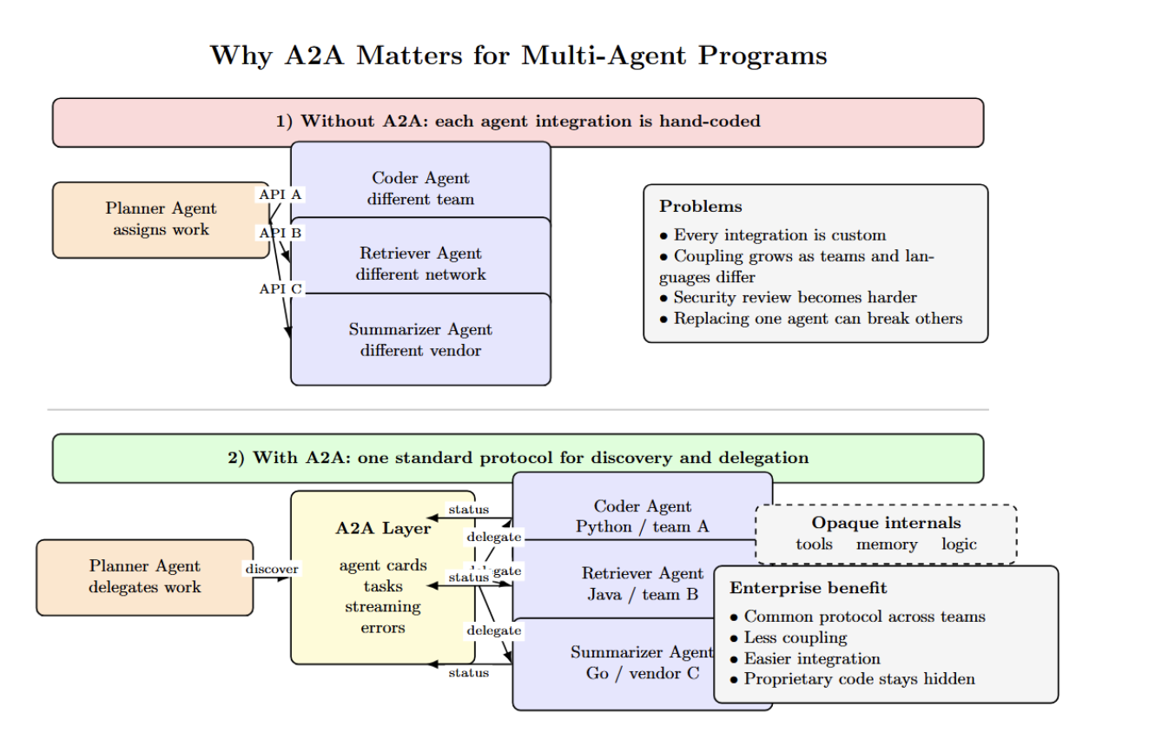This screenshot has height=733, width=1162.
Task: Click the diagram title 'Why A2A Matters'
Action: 518,56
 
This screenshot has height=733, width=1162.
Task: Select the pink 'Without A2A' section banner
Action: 518,122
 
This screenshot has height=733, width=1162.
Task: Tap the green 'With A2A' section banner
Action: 518,458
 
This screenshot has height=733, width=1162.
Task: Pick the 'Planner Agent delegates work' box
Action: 144,577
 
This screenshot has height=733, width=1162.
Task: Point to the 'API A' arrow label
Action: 281,195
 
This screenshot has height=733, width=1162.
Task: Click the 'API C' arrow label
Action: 281,288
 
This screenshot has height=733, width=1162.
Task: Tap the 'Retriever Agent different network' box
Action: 420,263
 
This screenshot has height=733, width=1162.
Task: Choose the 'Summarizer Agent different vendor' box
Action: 420,340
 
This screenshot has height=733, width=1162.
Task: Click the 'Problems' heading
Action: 700,207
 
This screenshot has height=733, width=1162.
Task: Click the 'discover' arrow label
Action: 272,569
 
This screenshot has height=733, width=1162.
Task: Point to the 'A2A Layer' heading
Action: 383,528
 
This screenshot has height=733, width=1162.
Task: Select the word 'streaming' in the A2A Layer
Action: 383,606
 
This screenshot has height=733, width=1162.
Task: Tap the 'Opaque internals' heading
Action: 886,523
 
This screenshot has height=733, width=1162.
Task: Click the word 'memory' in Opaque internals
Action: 887,545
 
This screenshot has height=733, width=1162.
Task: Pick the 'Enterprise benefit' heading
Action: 808,588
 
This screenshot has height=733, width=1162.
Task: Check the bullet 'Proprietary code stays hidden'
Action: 859,679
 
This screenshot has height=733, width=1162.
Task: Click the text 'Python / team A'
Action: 642,526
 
